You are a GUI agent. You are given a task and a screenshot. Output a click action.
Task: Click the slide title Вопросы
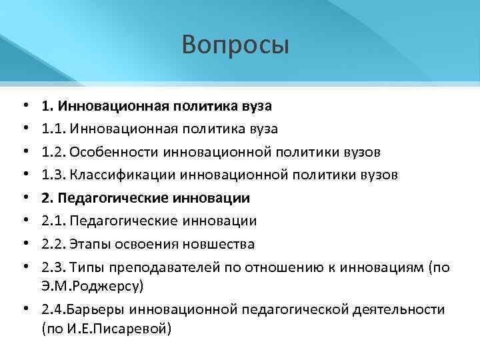(x=235, y=45)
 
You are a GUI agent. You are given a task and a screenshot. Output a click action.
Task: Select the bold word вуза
(x=256, y=106)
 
